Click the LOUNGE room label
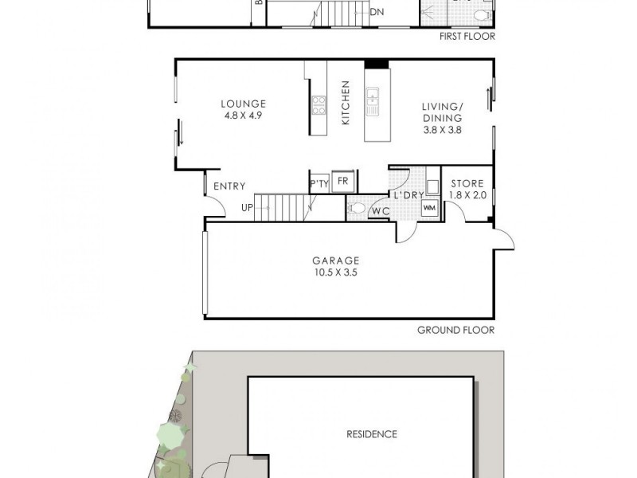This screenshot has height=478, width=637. (x=244, y=104)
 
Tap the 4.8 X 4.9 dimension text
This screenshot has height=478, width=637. (x=244, y=115)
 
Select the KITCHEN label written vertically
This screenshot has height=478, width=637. (x=346, y=102)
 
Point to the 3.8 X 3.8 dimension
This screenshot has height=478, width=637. (x=442, y=128)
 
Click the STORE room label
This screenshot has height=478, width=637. (x=467, y=183)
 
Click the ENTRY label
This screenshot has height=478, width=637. (x=230, y=186)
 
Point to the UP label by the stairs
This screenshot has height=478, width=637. (x=248, y=208)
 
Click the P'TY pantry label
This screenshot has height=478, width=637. (x=319, y=184)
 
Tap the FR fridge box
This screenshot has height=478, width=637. (x=342, y=181)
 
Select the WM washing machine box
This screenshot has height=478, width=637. (x=430, y=208)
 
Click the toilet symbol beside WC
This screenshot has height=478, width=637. (x=358, y=209)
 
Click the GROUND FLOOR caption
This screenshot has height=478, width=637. (x=455, y=330)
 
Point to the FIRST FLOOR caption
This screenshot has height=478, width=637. (x=467, y=36)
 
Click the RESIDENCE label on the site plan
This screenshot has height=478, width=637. (x=371, y=434)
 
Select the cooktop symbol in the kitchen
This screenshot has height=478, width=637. (x=318, y=105)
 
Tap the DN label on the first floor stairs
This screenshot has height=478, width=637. (x=377, y=12)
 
